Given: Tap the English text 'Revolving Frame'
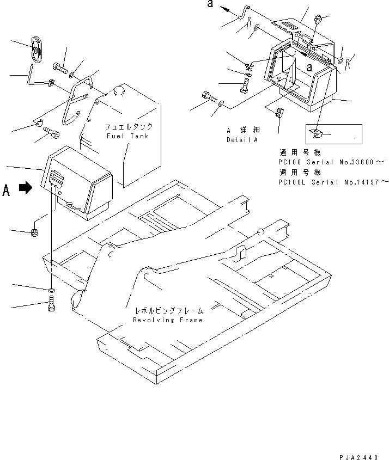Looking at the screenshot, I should pyautogui.click(x=168, y=320).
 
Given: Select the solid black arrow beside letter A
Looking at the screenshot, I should pyautogui.click(x=25, y=188).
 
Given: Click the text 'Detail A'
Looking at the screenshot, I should pyautogui.click(x=242, y=140).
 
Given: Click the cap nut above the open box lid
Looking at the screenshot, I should pyautogui.click(x=318, y=19).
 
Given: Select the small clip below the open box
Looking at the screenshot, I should pyautogui.click(x=279, y=112).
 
